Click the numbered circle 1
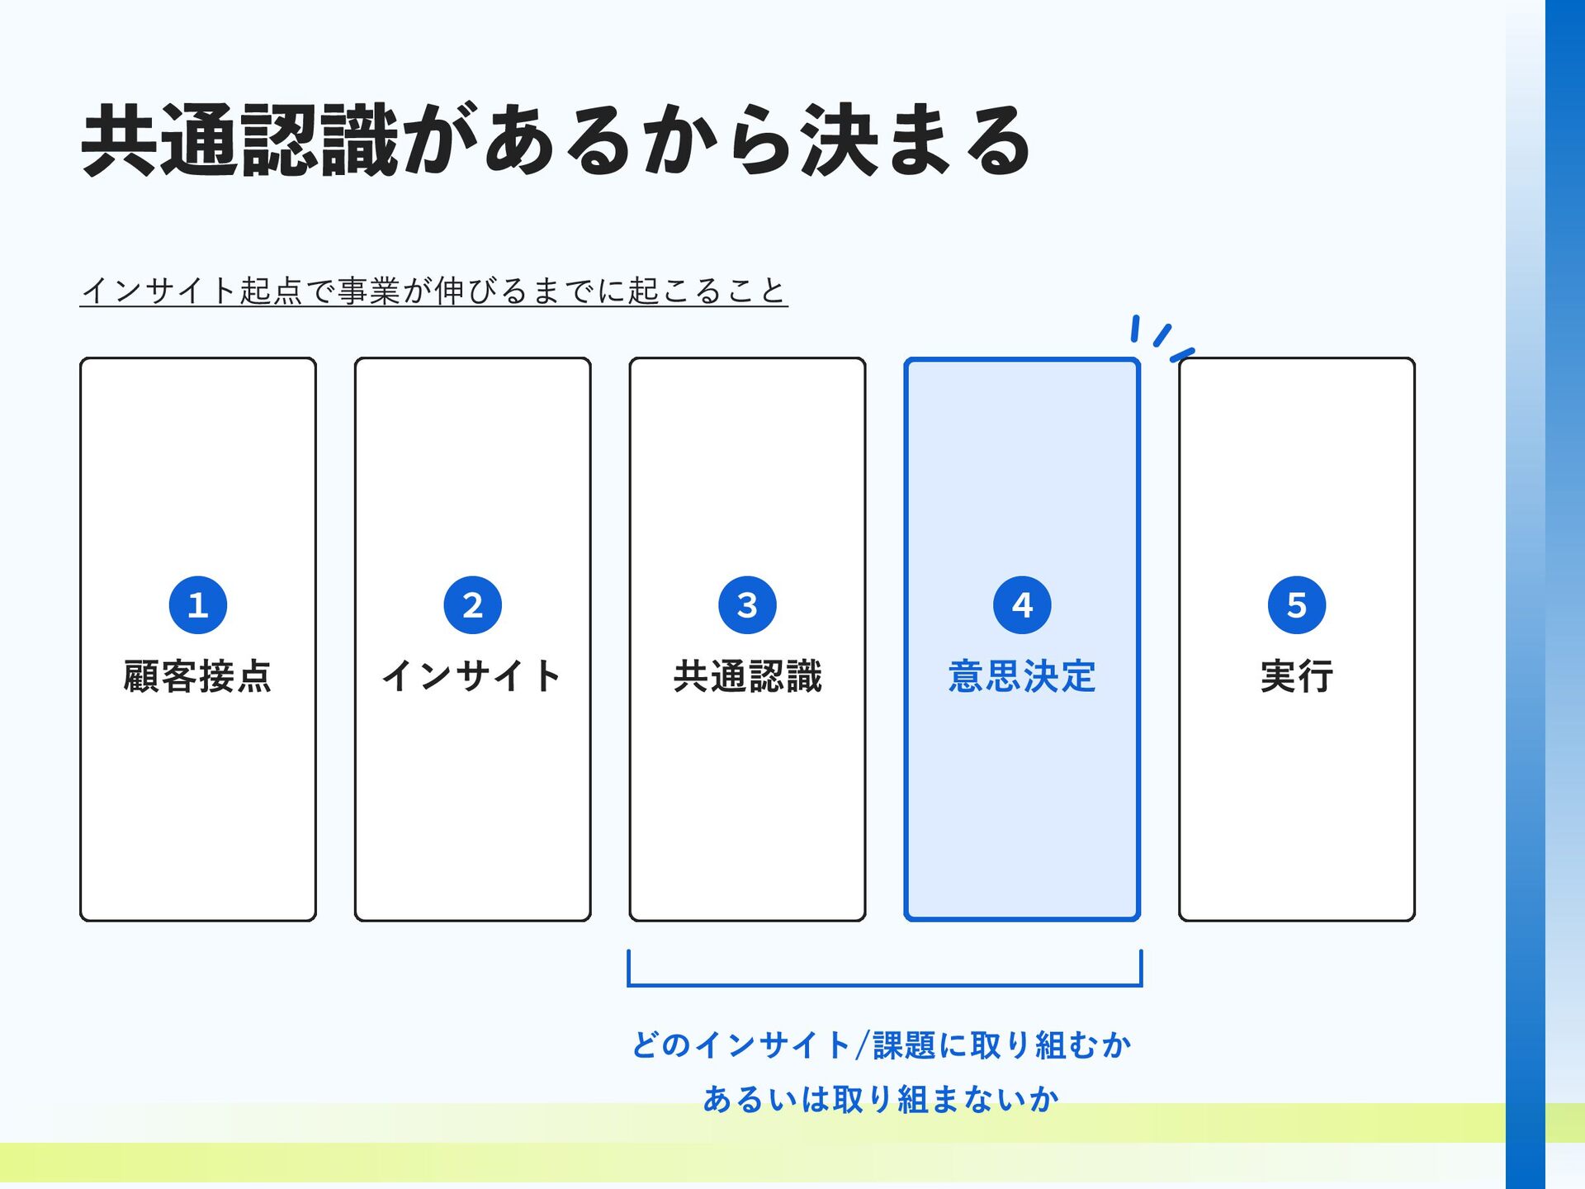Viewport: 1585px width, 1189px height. (x=198, y=605)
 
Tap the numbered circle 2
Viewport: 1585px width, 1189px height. (x=473, y=605)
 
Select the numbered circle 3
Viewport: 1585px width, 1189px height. (x=748, y=605)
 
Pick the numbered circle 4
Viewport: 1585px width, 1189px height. (x=1023, y=605)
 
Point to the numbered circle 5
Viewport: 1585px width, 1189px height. (x=1297, y=605)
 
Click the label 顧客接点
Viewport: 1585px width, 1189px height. (x=198, y=676)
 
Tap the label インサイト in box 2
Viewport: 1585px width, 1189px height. (x=473, y=676)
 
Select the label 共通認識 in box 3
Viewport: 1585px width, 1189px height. (x=748, y=676)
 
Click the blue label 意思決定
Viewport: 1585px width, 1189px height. (x=1023, y=676)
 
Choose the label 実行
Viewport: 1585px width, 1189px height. (x=1297, y=676)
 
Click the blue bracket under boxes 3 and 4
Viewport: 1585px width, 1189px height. (x=885, y=984)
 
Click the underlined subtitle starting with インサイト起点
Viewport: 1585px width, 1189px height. (x=434, y=291)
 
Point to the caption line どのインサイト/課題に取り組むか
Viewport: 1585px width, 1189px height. (x=882, y=1045)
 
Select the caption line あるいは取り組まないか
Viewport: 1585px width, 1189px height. (x=882, y=1099)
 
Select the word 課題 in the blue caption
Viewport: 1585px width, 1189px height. (x=905, y=1045)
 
